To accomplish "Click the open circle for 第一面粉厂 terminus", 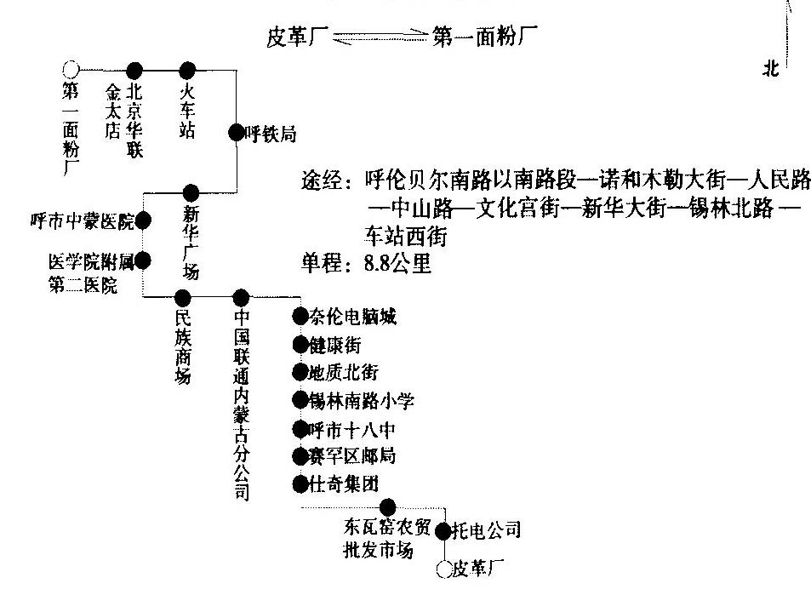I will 71,68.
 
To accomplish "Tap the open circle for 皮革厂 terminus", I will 443,569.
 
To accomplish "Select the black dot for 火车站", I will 188,69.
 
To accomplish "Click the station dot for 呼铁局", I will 236,132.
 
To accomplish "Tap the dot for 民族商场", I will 182,297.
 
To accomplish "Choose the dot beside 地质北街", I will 298,372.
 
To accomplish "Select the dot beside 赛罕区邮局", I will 298,455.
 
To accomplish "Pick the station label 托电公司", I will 484,531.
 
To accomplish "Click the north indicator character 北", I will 771,72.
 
